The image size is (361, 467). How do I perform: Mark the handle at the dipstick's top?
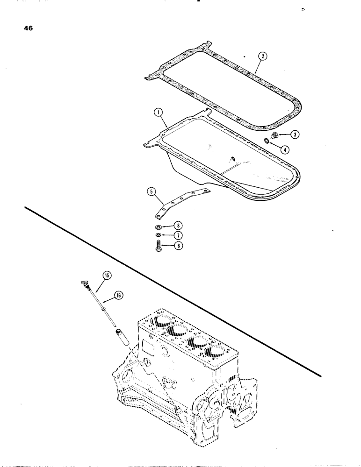point(83,283)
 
